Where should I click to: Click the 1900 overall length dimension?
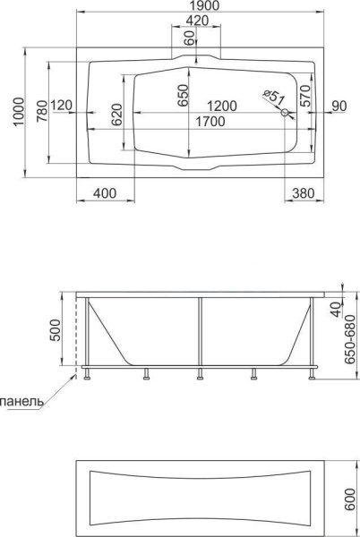(x=204, y=5)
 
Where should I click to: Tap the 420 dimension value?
(x=197, y=21)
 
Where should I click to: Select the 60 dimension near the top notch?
(x=189, y=38)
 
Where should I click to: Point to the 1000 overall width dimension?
(x=18, y=112)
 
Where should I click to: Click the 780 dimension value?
(x=42, y=111)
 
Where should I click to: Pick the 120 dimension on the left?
(x=62, y=105)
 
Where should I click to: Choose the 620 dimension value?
(x=116, y=115)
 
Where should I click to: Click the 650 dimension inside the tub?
(x=184, y=96)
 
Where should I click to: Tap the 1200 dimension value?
(x=221, y=107)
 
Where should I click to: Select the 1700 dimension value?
(x=210, y=121)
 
